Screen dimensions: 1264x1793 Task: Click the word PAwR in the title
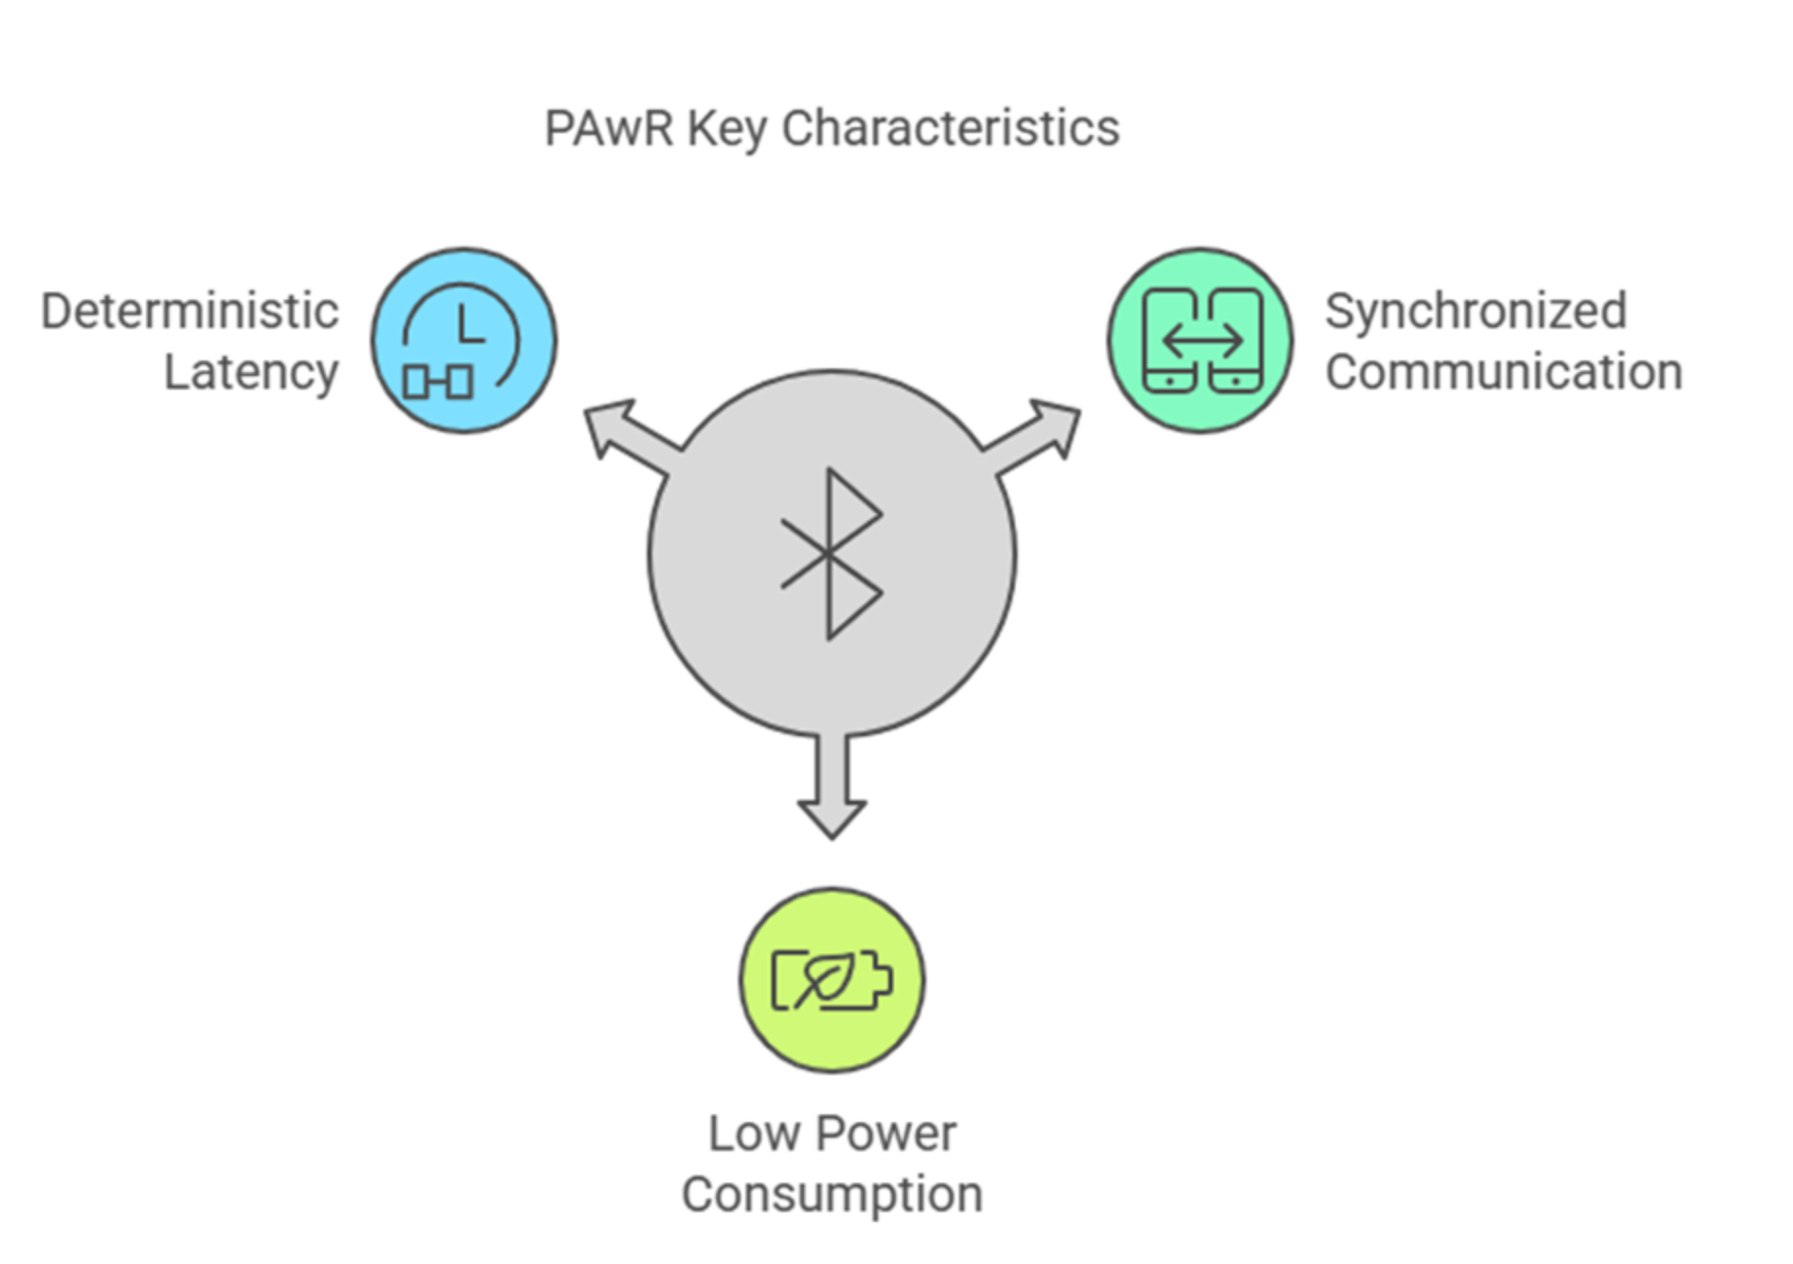[608, 128]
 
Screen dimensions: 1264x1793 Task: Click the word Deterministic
[190, 311]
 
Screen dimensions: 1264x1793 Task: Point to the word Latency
[251, 373]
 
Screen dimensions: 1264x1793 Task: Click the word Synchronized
[1476, 311]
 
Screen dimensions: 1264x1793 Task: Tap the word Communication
[1503, 372]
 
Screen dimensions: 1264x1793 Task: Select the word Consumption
[831, 1195]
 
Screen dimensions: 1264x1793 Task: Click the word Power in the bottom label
[886, 1134]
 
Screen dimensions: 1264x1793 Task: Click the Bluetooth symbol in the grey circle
[831, 554]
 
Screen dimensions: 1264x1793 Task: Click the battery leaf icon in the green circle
[831, 979]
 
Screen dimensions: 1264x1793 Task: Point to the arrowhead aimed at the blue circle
[609, 425]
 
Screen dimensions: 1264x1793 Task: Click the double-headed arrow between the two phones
[1202, 341]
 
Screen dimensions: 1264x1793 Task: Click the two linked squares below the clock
[439, 381]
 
